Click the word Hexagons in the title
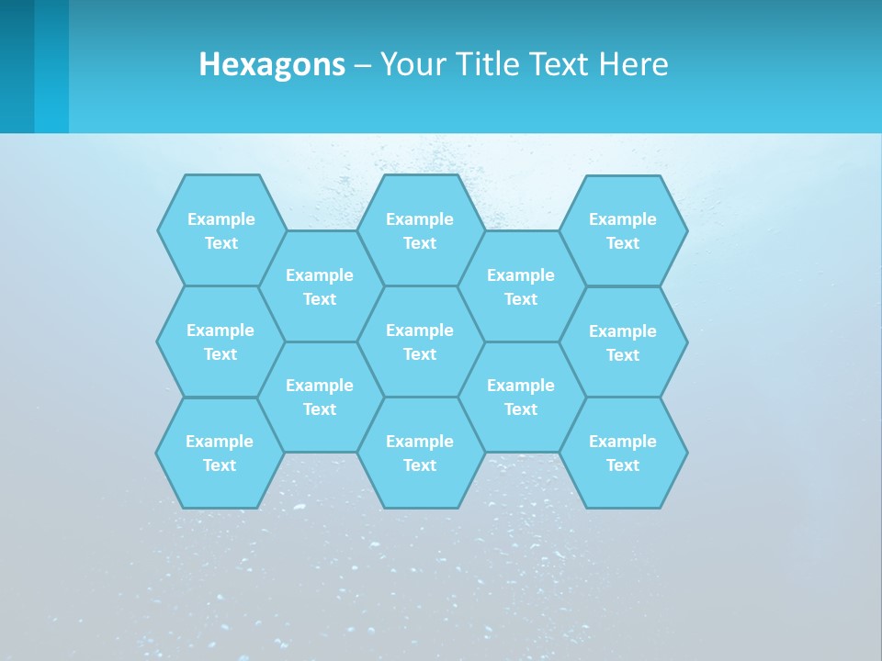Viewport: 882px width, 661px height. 272,64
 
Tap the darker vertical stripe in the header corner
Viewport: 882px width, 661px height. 17,66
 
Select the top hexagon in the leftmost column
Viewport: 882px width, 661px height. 220,230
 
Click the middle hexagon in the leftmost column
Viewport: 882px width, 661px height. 220,342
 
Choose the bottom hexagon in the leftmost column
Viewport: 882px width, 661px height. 220,453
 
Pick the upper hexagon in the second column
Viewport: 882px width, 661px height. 320,286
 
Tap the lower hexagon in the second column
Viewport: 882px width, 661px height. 320,397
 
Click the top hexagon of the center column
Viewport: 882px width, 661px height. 420,230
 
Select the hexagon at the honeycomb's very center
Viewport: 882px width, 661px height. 420,342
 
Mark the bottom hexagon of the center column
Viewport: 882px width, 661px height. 420,453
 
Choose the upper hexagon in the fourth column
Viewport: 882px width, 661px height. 521,286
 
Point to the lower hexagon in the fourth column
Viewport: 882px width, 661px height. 521,397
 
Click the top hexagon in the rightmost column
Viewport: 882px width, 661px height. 623,230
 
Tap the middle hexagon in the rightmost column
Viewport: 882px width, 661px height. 623,342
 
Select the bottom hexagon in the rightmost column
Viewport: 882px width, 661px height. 623,453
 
